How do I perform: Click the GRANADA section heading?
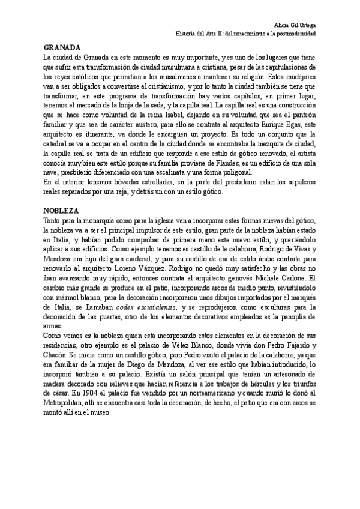(x=63, y=47)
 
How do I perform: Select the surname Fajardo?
(x=292, y=348)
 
